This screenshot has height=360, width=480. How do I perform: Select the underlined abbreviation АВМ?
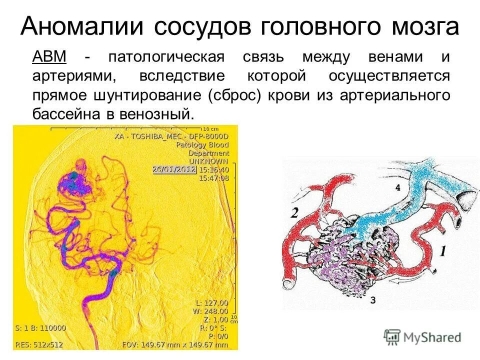pos(49,56)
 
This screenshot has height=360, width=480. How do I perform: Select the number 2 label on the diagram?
pos(294,212)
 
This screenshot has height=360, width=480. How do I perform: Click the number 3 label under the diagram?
pos(373,299)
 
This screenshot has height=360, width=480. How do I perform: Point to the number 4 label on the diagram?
pos(398,188)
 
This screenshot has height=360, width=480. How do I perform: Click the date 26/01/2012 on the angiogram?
pos(174,169)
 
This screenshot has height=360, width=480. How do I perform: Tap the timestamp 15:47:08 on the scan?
pos(214,177)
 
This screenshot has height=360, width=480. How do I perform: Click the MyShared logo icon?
pos(392,336)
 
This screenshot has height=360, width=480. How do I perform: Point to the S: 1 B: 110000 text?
pos(40,328)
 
